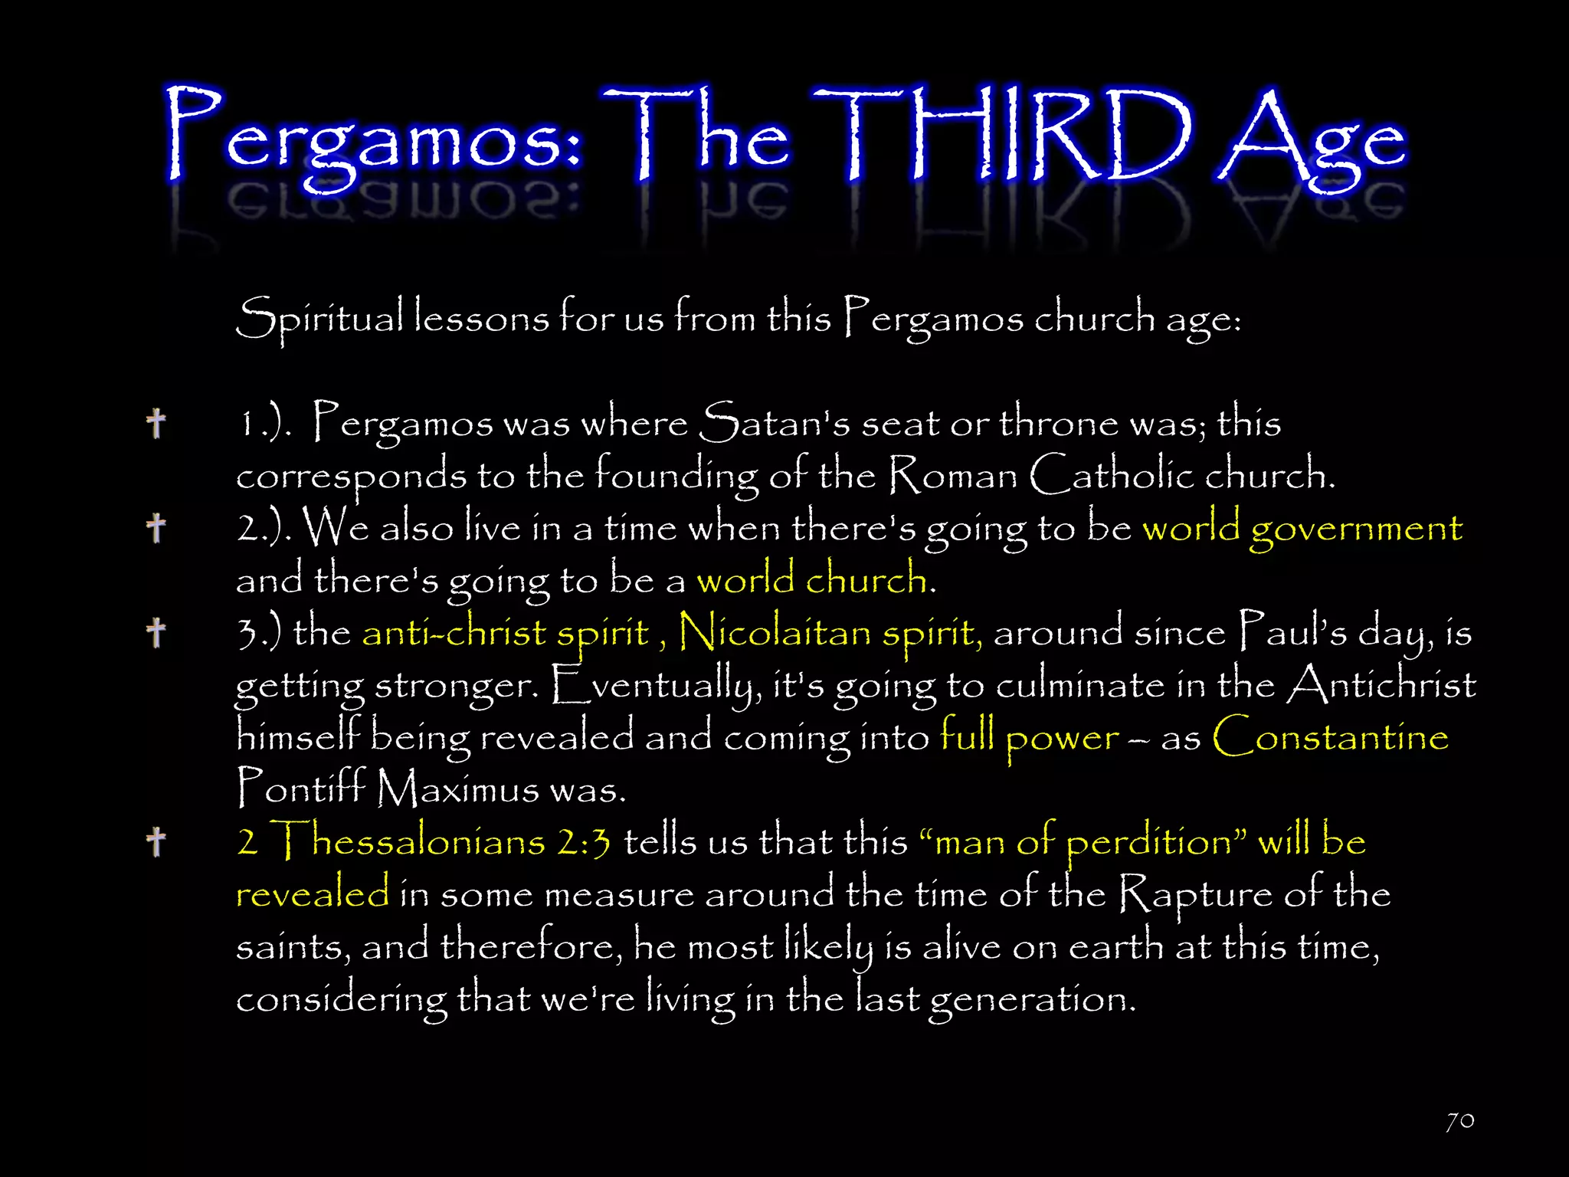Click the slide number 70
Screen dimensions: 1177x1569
tap(1460, 1121)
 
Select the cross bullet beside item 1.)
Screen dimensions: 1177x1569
tap(156, 423)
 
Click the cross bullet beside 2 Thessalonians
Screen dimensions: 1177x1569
tap(156, 841)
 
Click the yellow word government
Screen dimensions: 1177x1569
tap(1356, 529)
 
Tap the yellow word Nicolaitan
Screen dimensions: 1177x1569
tap(774, 633)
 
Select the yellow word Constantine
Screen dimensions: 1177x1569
tap(1330, 737)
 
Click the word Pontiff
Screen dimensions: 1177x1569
tap(301, 788)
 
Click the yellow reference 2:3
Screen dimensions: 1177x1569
tap(584, 842)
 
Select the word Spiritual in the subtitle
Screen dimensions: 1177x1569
tap(319, 318)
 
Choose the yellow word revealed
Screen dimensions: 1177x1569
tap(313, 894)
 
